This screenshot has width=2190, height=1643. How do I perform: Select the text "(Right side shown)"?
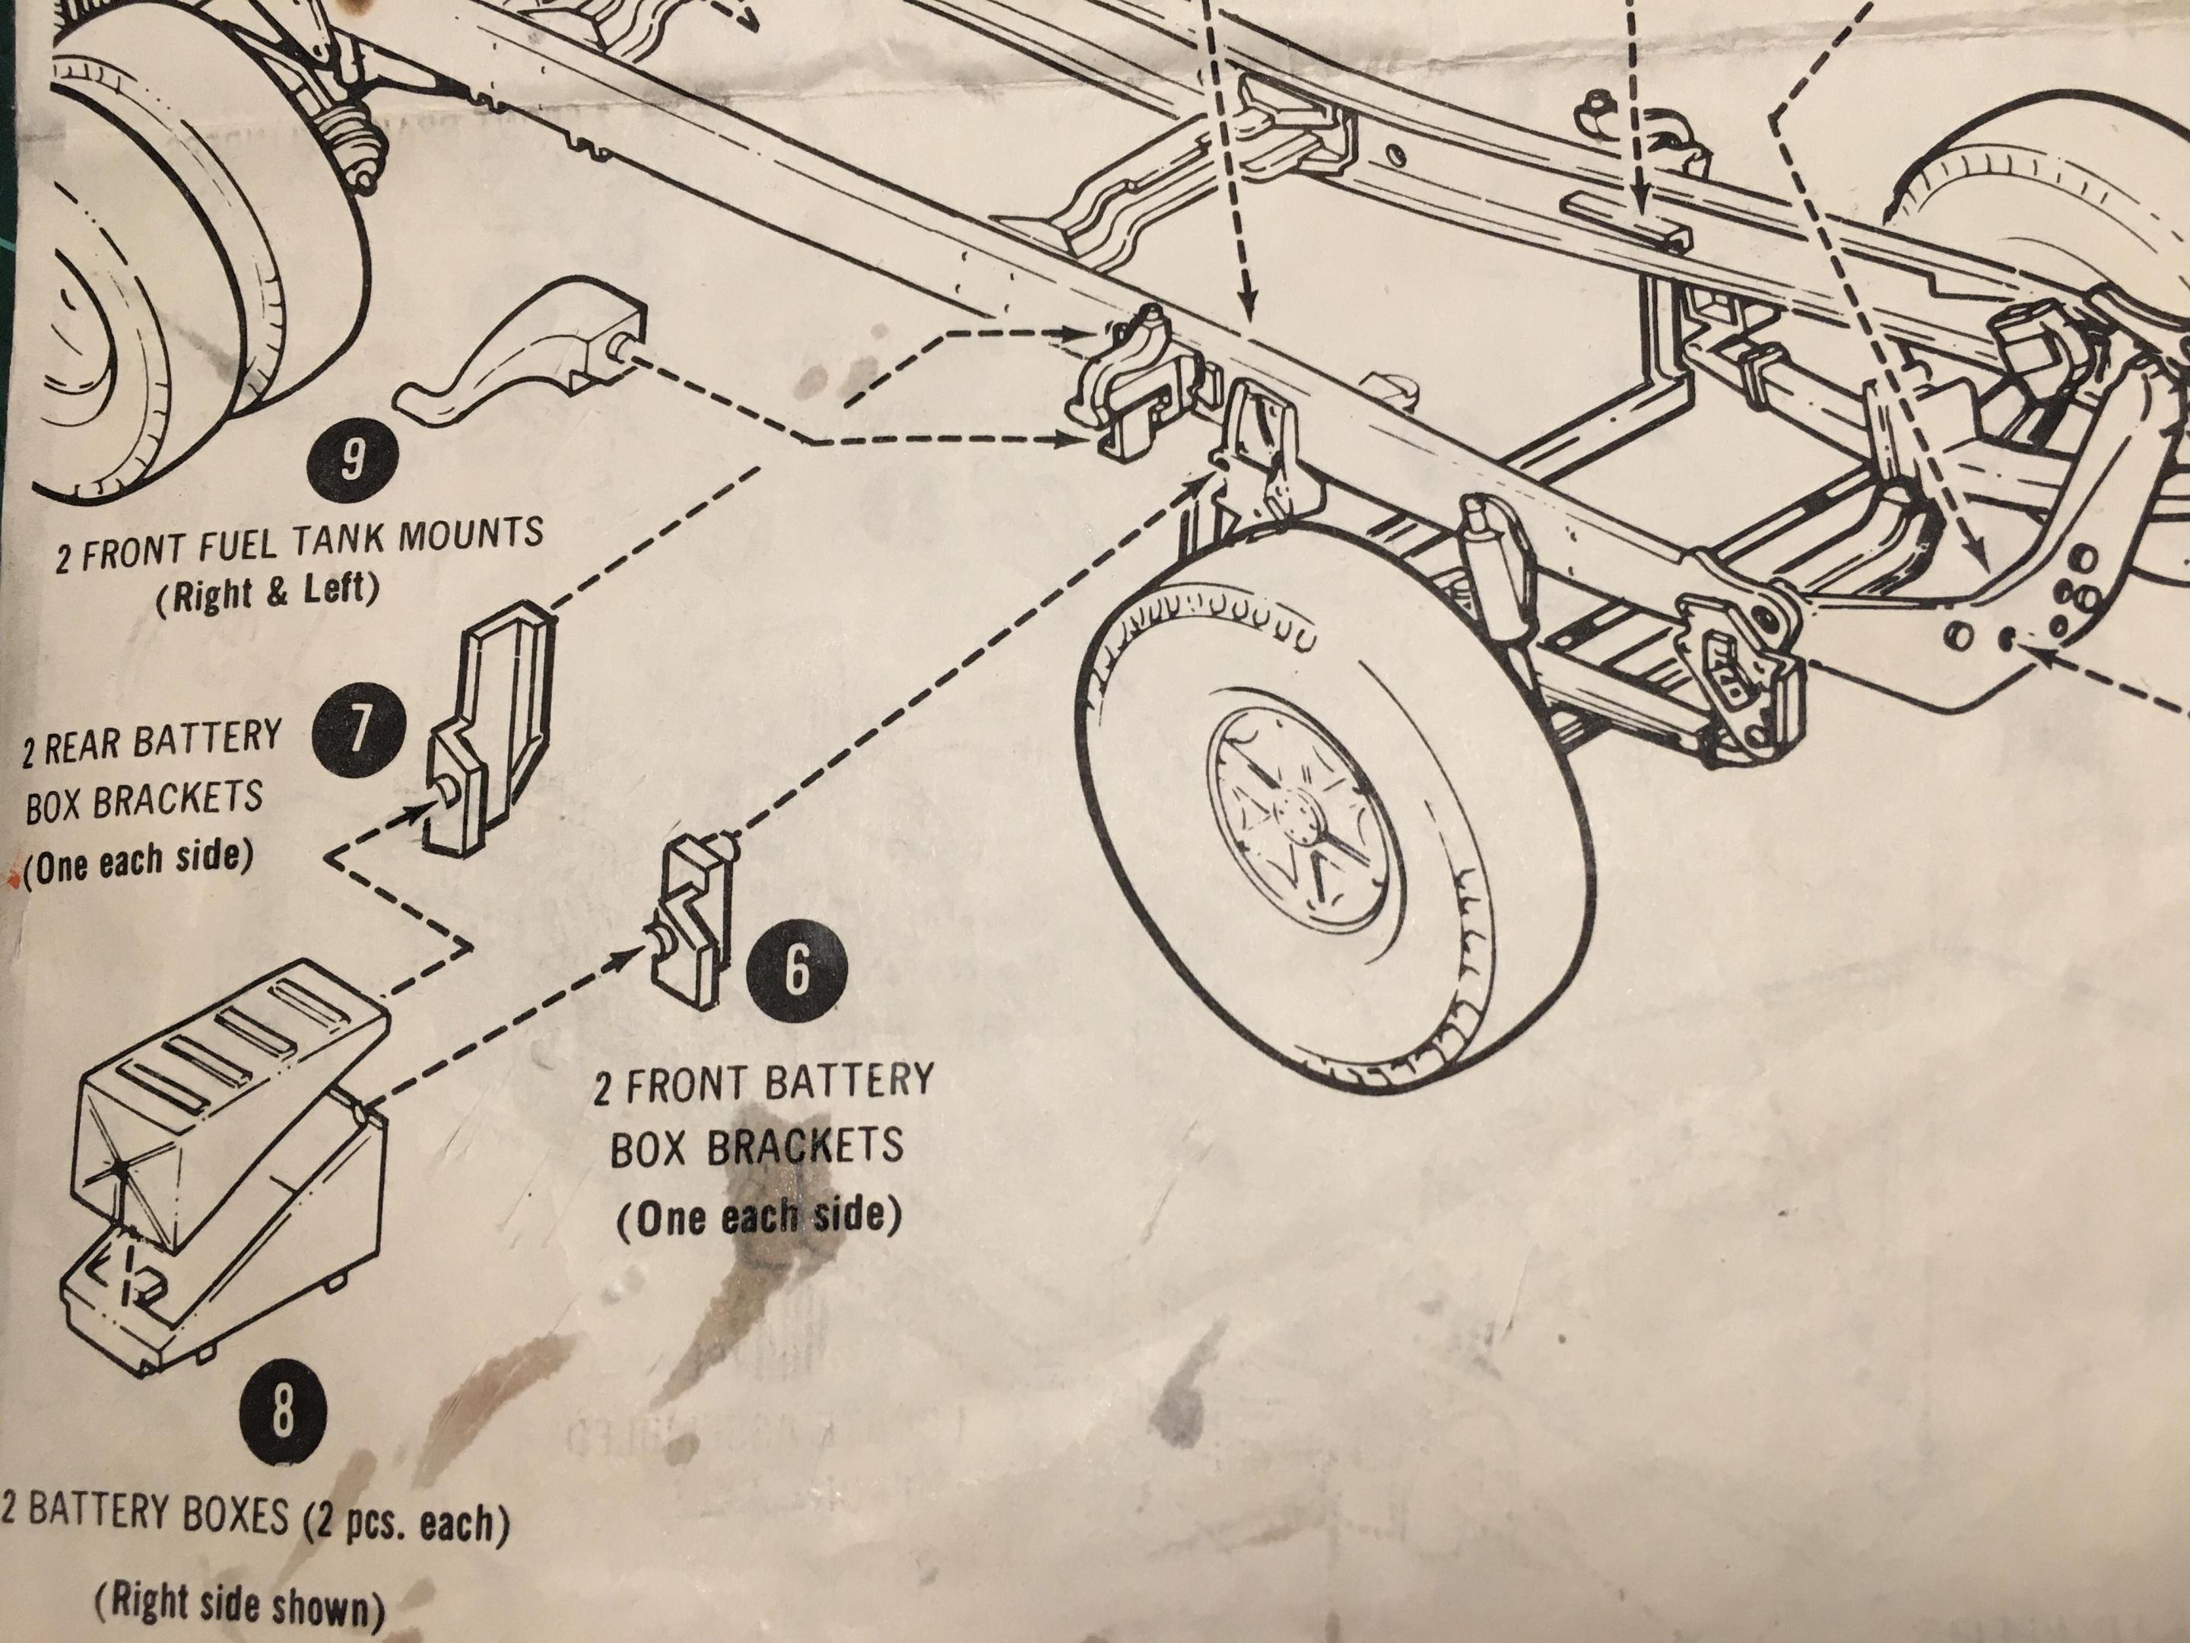240,1603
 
